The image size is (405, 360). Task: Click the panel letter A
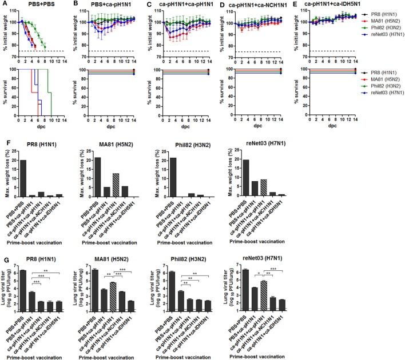tap(4, 4)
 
